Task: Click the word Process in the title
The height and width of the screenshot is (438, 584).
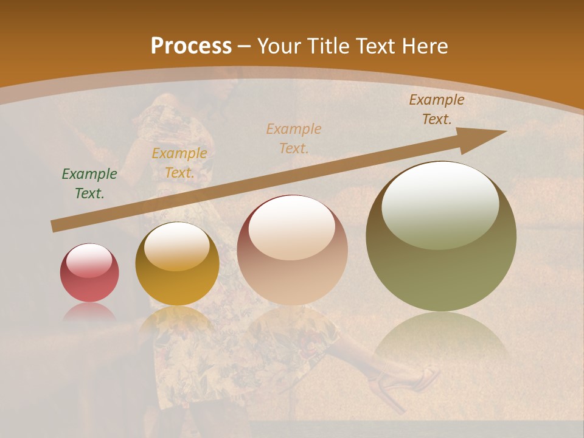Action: click(191, 46)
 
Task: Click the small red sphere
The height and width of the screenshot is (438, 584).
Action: click(89, 273)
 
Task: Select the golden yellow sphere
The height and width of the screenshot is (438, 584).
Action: click(177, 265)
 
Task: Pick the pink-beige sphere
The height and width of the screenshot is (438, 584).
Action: click(293, 251)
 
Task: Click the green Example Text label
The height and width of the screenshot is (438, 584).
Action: click(89, 184)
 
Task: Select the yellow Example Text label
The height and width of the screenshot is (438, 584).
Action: click(179, 163)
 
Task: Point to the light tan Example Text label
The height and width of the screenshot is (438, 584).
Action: click(294, 138)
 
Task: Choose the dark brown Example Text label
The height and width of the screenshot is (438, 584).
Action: click(437, 109)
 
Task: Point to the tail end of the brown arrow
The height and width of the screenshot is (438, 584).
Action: click(56, 226)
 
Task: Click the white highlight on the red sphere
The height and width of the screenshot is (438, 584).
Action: click(89, 260)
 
